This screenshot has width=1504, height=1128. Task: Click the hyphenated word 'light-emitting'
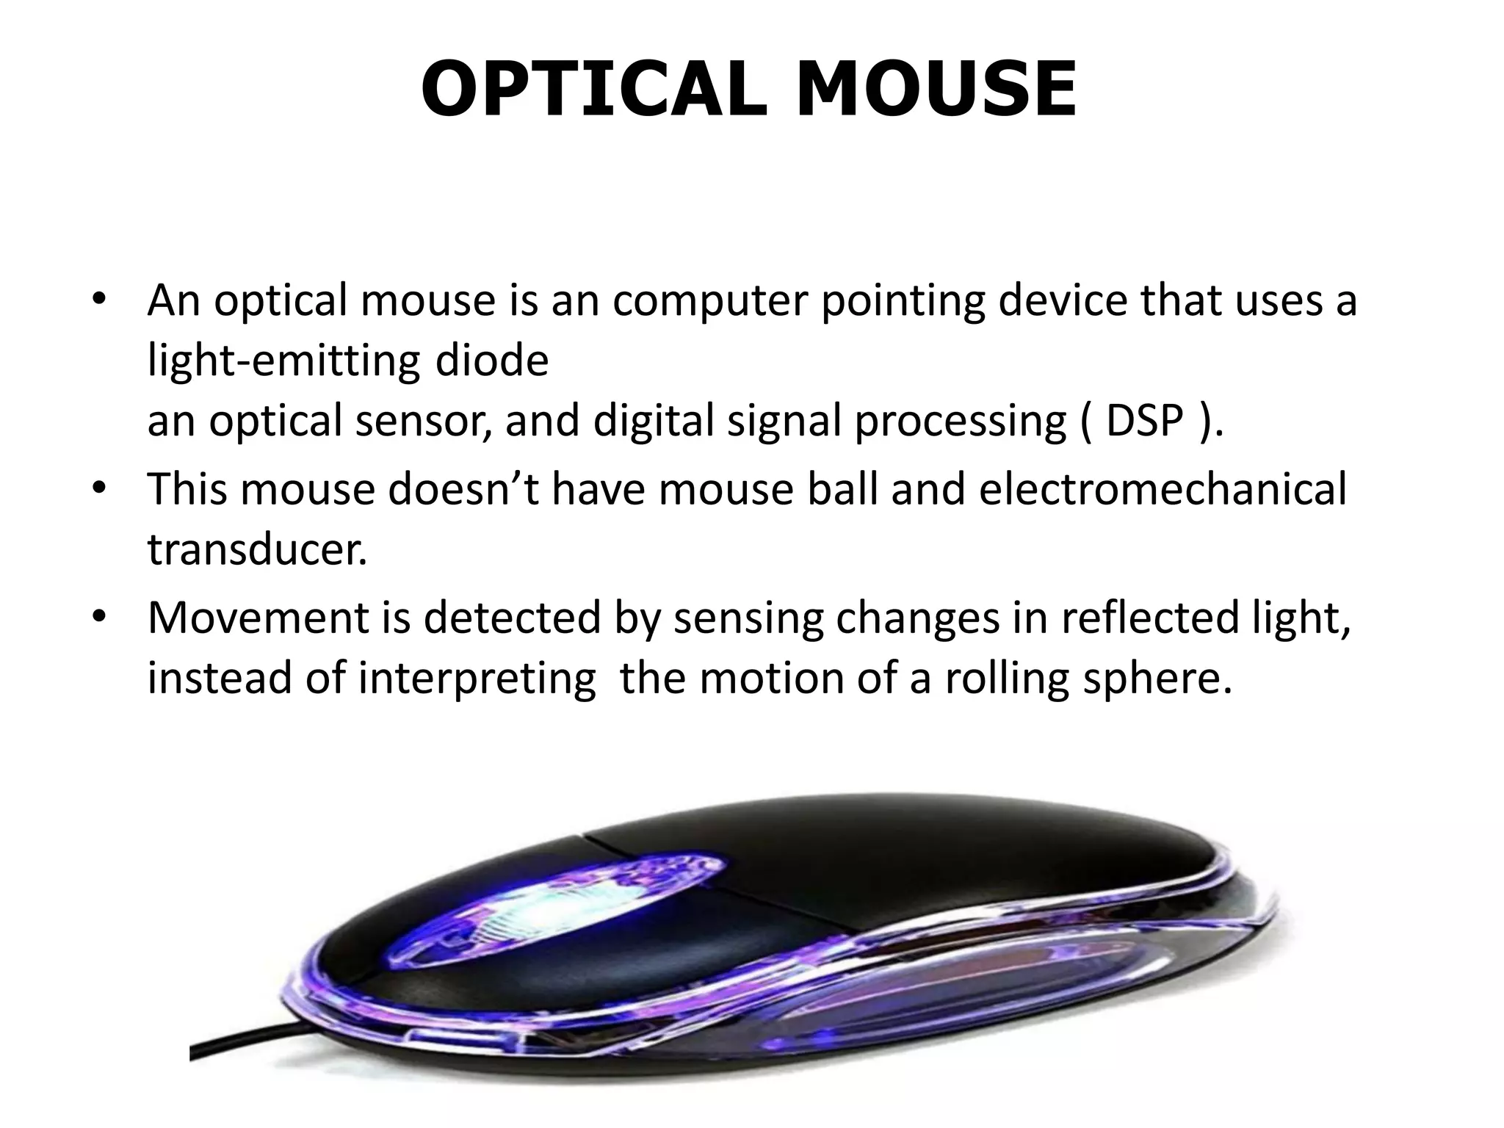283,362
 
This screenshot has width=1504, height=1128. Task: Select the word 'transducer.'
257,549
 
